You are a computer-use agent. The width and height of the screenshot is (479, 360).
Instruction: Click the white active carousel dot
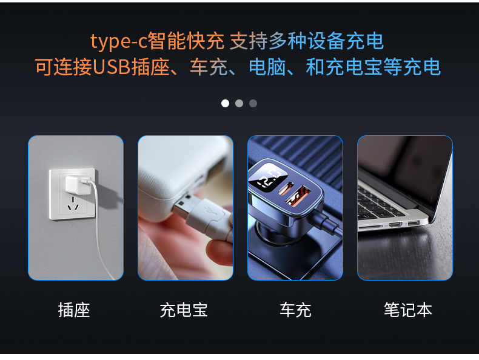pos(225,104)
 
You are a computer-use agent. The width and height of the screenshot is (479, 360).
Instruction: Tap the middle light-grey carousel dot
pos(239,104)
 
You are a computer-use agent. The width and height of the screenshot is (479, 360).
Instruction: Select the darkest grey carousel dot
pos(253,104)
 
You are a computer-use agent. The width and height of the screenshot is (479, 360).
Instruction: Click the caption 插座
pos(74,310)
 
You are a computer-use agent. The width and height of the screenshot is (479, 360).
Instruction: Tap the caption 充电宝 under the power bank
pos(184,310)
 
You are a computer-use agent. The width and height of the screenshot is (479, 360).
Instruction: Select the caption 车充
pos(295,310)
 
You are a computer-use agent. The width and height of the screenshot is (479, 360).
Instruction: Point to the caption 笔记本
pos(408,310)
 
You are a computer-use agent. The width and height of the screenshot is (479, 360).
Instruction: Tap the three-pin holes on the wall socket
pos(73,204)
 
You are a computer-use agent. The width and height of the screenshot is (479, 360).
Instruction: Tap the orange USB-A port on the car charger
pos(298,196)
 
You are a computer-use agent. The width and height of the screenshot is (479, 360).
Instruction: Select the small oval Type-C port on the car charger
pos(286,188)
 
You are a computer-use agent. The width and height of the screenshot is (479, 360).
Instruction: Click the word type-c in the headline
pos(119,41)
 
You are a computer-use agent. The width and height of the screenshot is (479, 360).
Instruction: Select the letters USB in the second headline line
pos(112,67)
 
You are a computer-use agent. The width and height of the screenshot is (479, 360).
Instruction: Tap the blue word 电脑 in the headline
pos(267,67)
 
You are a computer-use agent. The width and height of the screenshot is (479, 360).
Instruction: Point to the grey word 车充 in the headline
pos(209,67)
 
